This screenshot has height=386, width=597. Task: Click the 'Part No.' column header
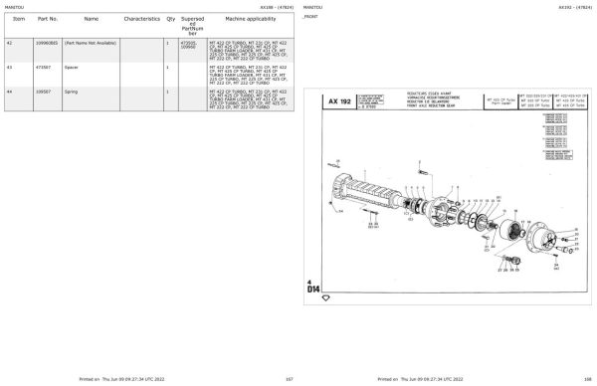pos(47,19)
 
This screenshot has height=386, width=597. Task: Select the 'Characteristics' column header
pos(142,19)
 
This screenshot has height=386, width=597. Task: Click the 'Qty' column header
pos(170,19)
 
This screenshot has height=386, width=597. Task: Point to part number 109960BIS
pos(46,44)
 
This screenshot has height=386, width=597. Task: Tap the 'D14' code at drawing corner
pos(313,289)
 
